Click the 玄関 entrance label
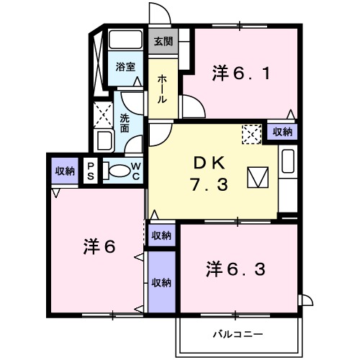[162, 42]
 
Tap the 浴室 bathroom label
[126, 67]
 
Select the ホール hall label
[163, 89]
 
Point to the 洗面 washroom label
[125, 124]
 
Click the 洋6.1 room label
[241, 73]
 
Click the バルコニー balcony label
[237, 334]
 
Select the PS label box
[91, 171]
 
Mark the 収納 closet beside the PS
[65, 171]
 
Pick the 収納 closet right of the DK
[283, 132]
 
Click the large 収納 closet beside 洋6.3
[162, 282]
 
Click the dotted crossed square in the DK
[251, 133]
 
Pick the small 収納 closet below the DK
[162, 235]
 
